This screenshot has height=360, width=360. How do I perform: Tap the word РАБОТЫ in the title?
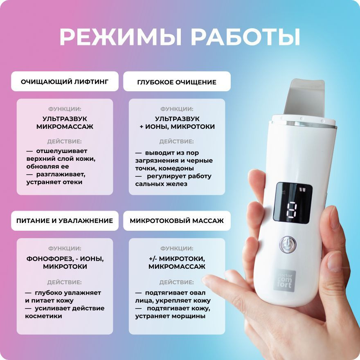coord(246,38)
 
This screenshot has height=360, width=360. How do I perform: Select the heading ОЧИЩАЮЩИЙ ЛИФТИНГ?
coord(65,82)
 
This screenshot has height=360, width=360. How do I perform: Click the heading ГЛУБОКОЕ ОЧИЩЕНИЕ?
coord(177,82)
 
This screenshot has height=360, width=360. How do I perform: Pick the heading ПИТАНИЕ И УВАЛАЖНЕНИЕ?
coord(65,221)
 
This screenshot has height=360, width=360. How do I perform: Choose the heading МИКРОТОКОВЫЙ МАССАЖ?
coord(177,221)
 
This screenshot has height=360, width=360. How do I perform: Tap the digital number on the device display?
coord(292,210)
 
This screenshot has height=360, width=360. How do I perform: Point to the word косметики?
coord(44,316)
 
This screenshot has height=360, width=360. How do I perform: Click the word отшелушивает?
coord(62,151)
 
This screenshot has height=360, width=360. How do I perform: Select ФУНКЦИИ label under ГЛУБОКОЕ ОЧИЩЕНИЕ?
coord(177,109)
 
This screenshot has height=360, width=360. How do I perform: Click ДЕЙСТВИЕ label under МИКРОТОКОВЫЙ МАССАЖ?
coord(177,282)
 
